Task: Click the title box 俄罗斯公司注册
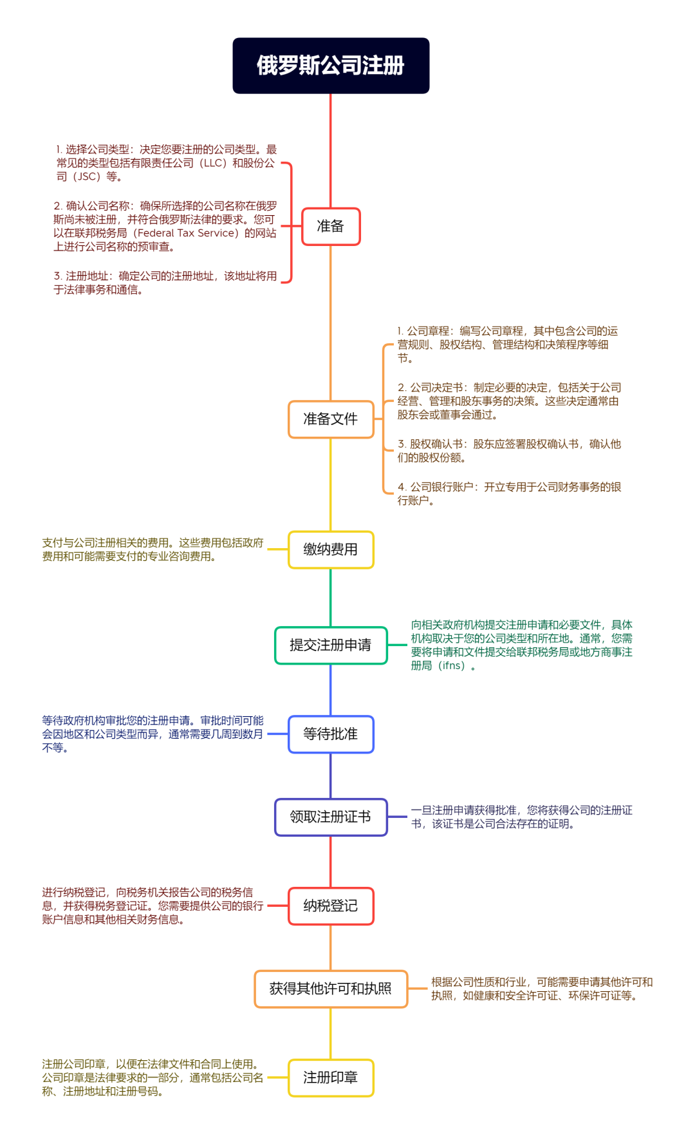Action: point(331,66)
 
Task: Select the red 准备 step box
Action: point(331,226)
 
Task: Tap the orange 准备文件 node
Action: point(331,419)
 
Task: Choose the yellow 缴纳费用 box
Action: point(331,549)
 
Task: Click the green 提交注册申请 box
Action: point(331,645)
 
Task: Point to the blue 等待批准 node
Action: point(331,734)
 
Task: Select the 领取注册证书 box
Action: point(331,817)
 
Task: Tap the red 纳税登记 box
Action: point(331,906)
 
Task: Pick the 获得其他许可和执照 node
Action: point(331,989)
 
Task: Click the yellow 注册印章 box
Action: point(331,1078)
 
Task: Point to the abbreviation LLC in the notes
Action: point(213,163)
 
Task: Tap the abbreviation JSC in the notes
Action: point(87,176)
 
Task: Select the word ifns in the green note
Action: point(451,665)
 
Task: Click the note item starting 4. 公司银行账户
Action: point(508,493)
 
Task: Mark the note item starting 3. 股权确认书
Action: point(508,451)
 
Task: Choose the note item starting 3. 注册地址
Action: point(165,283)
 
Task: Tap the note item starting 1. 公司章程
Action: point(507,345)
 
